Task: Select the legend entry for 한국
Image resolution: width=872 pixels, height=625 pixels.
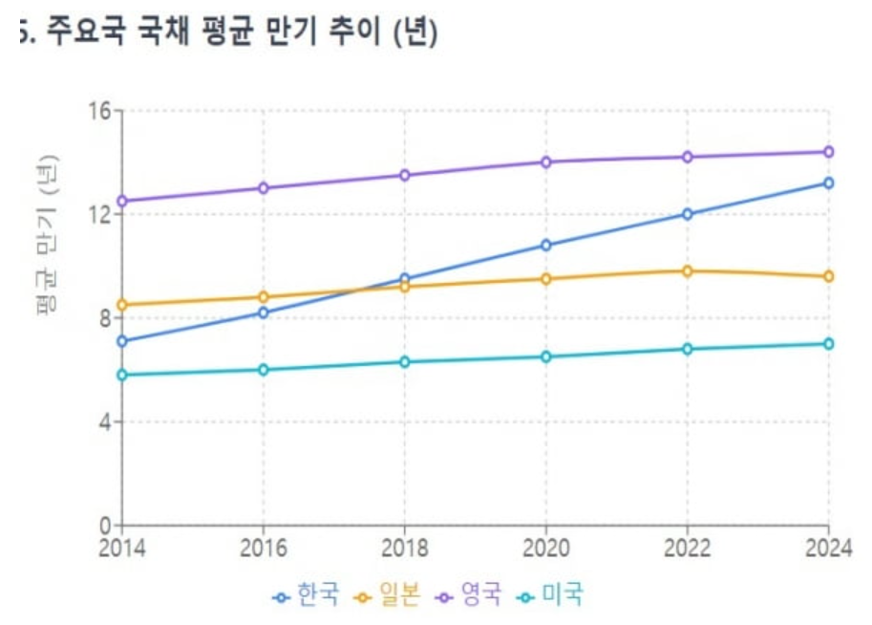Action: pos(307,595)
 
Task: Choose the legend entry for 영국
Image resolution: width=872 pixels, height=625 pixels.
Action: pos(470,595)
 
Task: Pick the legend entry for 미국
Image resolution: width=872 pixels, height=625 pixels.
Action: pos(551,595)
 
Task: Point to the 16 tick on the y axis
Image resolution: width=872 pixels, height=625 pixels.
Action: pos(99,110)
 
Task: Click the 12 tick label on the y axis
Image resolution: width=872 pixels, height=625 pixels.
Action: pos(99,214)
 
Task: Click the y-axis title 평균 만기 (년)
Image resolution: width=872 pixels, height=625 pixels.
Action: pos(48,234)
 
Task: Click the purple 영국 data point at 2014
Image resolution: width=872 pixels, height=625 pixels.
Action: pos(121,201)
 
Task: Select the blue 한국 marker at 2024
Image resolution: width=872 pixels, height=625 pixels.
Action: pos(828,183)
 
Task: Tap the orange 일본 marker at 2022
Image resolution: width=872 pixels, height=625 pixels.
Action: pos(687,270)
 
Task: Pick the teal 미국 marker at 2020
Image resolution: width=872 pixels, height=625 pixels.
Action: pos(545,356)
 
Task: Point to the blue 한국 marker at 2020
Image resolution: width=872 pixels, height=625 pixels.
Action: pos(545,245)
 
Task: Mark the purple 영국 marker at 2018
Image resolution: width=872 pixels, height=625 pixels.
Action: pos(404,175)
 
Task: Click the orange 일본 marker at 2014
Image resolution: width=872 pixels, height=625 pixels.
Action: pos(121,305)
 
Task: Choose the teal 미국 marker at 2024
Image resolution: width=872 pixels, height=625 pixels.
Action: pos(828,343)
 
